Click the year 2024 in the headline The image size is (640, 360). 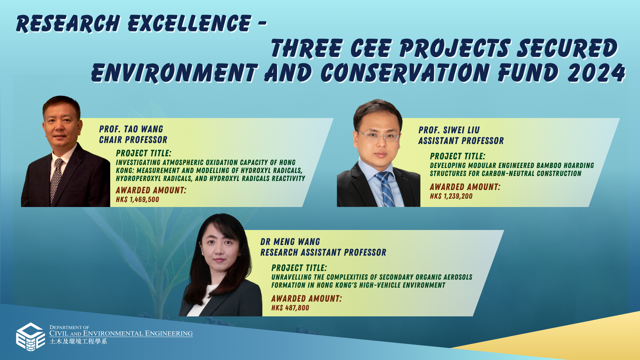596,73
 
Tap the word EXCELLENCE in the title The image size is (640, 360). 189,24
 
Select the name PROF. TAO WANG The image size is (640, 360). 131,129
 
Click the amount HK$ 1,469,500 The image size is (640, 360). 137,200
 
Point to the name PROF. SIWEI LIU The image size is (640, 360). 449,130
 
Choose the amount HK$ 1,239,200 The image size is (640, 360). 451,196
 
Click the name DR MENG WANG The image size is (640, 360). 290,242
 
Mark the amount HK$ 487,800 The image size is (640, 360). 290,308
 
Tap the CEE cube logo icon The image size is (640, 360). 30,337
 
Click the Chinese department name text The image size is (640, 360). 78,342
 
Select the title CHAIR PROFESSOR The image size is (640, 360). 133,140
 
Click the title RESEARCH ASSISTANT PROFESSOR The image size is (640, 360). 323,252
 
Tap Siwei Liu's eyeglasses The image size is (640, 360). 378,136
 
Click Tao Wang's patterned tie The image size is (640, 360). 56,180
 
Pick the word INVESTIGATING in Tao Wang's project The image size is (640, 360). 138,163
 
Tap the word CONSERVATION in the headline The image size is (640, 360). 405,73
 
